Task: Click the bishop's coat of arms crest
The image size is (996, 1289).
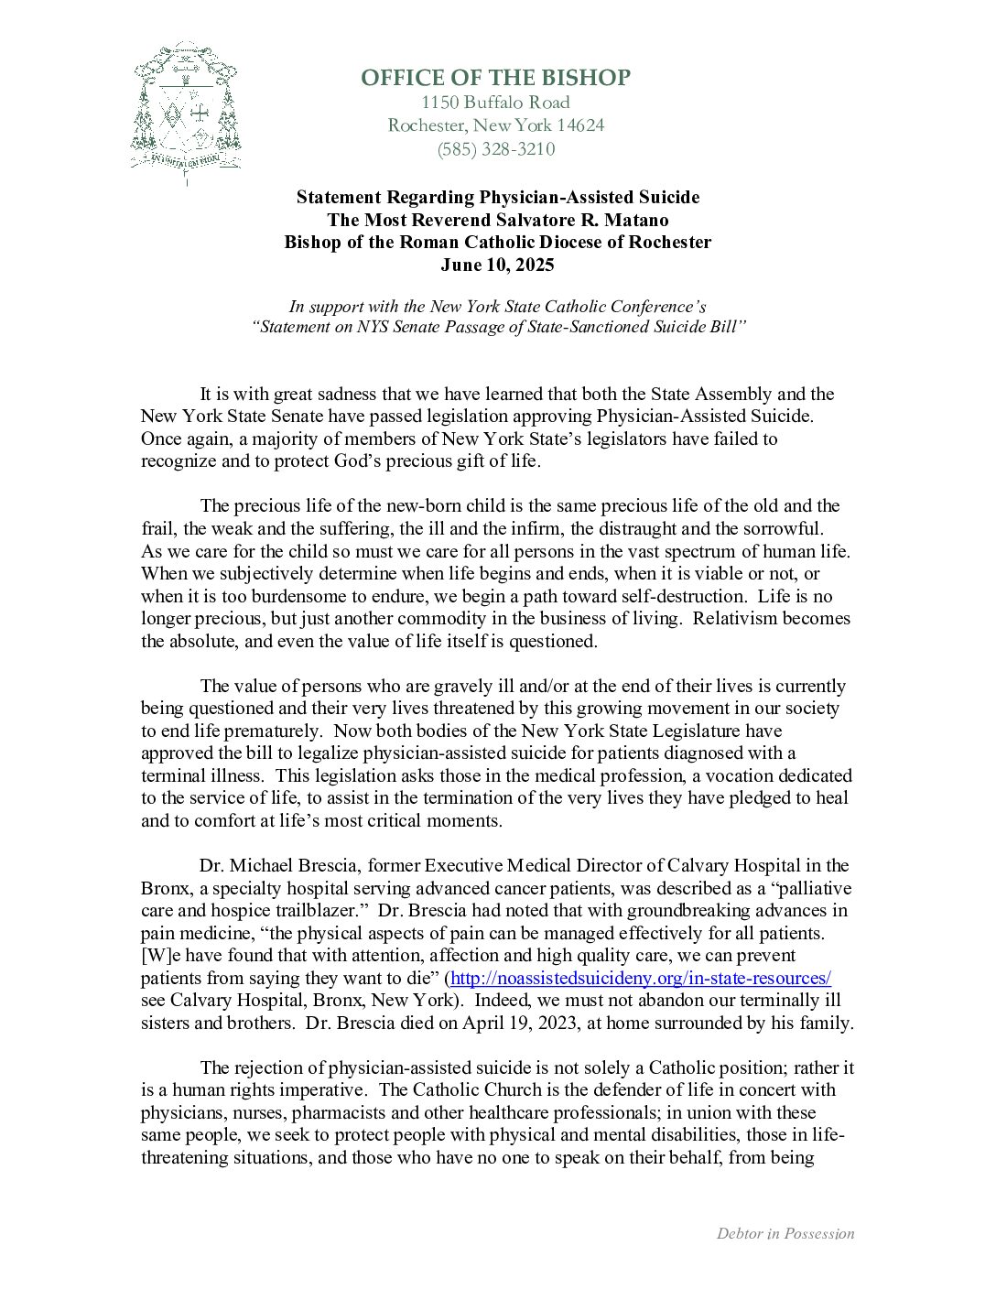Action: pyautogui.click(x=186, y=110)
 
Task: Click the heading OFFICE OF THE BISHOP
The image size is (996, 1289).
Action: pyautogui.click(x=495, y=78)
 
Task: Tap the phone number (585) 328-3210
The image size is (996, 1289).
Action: pyautogui.click(x=495, y=149)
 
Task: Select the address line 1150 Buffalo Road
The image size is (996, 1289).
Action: pyautogui.click(x=495, y=103)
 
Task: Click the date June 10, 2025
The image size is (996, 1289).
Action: pyautogui.click(x=497, y=265)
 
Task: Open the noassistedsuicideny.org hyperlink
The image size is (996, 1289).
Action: pyautogui.click(x=641, y=978)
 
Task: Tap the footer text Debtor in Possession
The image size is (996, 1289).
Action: pyautogui.click(x=785, y=1234)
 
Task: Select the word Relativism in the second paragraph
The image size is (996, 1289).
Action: pyautogui.click(x=734, y=619)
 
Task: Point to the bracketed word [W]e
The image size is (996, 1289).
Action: pyautogui.click(x=161, y=956)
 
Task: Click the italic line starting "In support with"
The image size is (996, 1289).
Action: pyautogui.click(x=497, y=307)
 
